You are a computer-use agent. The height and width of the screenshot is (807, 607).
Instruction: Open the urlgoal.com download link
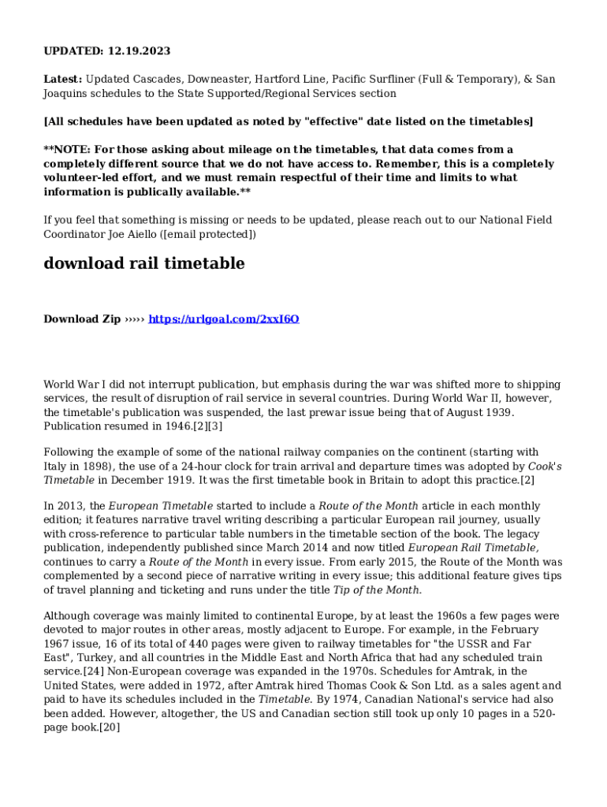pyautogui.click(x=224, y=319)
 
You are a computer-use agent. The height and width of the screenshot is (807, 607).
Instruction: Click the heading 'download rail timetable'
pyautogui.click(x=143, y=263)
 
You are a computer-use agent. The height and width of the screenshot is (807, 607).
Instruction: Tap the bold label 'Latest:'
pyautogui.click(x=62, y=80)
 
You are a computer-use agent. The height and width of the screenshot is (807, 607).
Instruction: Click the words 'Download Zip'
pyautogui.click(x=82, y=319)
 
